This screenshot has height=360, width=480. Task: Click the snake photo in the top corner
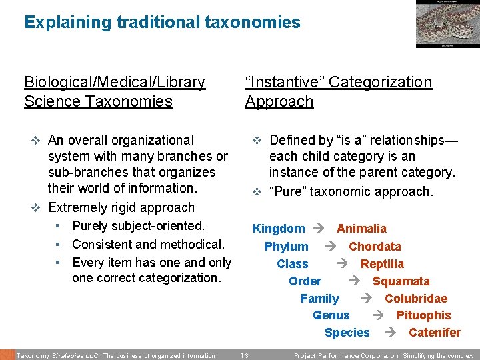point(447,23)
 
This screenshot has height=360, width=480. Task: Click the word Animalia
point(361,229)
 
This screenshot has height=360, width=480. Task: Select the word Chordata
point(375,247)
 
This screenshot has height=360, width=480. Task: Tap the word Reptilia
point(382,264)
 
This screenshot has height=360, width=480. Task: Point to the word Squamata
point(401,281)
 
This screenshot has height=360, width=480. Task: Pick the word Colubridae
point(416,299)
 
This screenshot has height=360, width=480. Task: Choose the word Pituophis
point(423,315)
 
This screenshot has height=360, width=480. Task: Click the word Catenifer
point(434,333)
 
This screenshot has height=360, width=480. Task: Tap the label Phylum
point(286,247)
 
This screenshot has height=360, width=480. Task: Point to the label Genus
point(331,315)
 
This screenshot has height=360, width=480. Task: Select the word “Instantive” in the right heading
point(285,82)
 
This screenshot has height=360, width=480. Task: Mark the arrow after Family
point(366,299)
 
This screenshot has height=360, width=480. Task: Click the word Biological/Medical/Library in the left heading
point(115,82)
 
